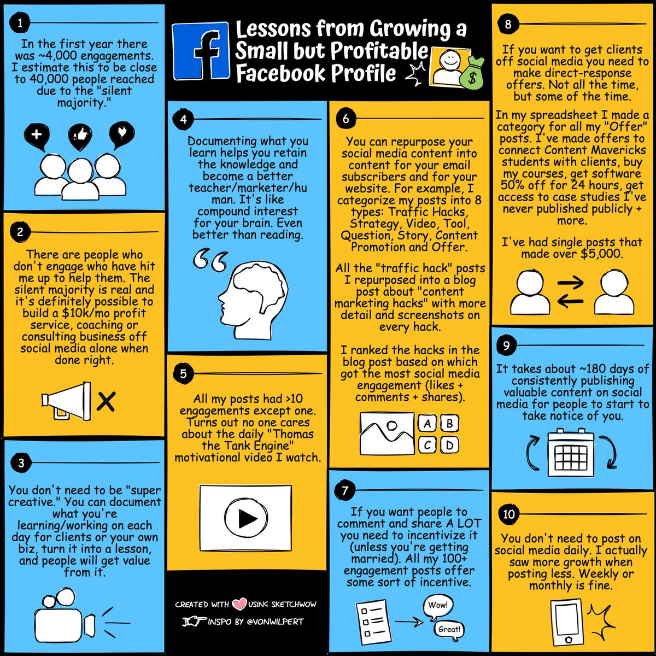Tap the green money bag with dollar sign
(471, 74)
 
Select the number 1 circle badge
(20, 23)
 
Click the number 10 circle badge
(508, 514)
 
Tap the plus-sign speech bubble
(37, 137)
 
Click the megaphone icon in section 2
(66, 401)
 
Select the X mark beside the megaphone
(106, 401)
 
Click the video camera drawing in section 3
(65, 619)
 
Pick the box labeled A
(427, 424)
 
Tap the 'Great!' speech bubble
(450, 629)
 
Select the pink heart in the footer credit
(239, 604)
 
